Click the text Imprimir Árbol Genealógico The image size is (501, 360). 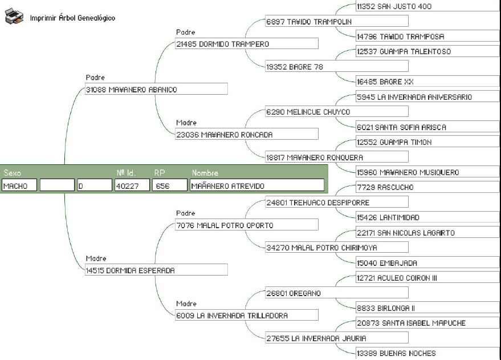click(72, 18)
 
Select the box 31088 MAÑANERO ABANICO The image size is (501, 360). click(156, 90)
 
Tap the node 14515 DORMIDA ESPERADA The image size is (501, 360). click(156, 270)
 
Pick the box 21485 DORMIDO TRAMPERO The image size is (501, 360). click(246, 44)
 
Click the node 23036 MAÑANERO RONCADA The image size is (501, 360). click(246, 135)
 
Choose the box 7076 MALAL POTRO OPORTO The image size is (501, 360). click(246, 225)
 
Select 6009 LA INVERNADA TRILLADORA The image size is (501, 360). click(246, 315)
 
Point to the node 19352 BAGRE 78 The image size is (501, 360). click(336, 67)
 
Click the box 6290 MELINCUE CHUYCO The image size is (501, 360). click(336, 112)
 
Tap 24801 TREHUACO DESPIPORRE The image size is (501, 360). click(336, 203)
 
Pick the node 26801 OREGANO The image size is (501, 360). click(336, 293)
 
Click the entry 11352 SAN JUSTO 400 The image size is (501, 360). click(426, 6)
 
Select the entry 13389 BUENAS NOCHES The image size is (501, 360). click(426, 354)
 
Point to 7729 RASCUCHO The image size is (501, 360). click(426, 187)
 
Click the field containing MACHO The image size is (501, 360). click(19, 185)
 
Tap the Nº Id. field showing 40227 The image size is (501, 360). click(132, 185)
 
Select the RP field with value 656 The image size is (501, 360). click(169, 185)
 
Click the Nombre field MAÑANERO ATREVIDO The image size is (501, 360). click(256, 185)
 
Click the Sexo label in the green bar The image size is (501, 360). click(12, 173)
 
